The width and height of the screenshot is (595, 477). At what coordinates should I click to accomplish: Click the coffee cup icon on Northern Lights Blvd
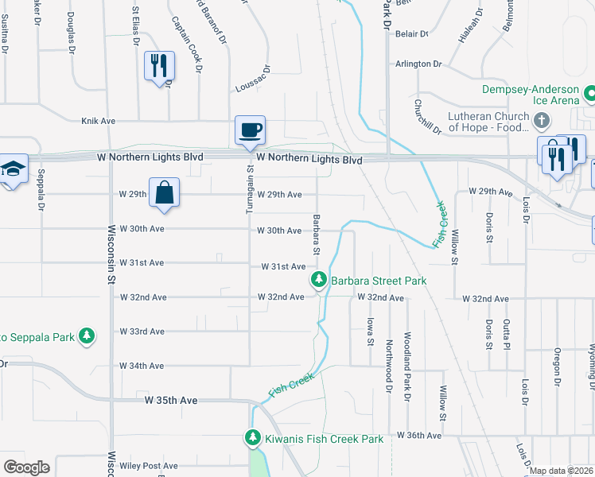249,130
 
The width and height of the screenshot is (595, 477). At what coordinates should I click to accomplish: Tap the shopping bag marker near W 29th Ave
164,193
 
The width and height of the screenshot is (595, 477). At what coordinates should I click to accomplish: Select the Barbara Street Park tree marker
319,280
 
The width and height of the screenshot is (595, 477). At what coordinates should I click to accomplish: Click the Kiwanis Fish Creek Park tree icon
253,438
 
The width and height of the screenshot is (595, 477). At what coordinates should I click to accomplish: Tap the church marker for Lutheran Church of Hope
542,121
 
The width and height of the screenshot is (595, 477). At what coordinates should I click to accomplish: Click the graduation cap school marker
13,169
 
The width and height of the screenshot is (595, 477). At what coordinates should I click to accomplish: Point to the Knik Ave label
99,121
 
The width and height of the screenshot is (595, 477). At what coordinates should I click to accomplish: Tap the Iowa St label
370,331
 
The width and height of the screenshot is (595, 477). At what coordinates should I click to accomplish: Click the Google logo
26,467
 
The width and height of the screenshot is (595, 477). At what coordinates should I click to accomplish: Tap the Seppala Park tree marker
87,337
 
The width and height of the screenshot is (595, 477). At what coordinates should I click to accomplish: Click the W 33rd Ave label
142,332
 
